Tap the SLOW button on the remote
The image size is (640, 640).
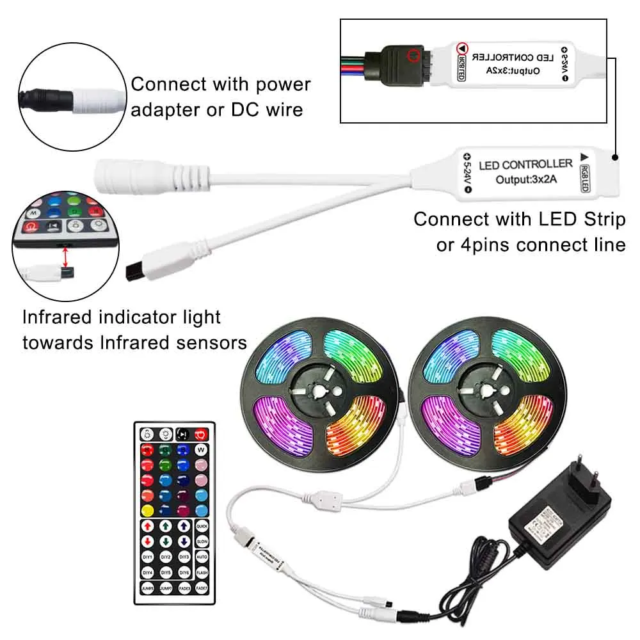[202, 541]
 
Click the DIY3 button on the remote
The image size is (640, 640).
[184, 556]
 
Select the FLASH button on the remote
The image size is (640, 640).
[202, 571]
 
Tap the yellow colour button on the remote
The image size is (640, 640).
[147, 511]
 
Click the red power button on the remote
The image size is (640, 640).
[202, 433]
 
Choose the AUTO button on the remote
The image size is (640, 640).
[202, 556]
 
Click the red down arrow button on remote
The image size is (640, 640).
[147, 541]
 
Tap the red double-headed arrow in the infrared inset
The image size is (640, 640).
[65, 255]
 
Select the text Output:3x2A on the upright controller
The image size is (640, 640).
[525, 180]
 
